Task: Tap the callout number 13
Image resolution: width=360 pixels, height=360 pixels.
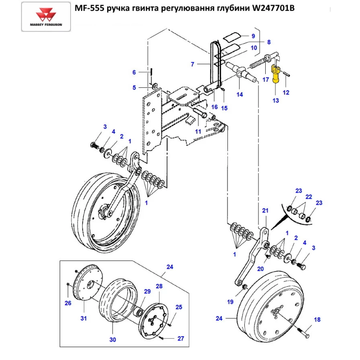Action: click(x=275, y=100)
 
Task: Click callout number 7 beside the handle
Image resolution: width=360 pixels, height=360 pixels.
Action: click(x=193, y=64)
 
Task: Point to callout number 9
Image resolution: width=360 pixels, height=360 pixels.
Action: click(x=253, y=36)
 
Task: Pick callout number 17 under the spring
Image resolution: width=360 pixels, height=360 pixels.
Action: click(x=265, y=80)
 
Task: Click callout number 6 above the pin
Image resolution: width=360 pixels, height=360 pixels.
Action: click(x=134, y=72)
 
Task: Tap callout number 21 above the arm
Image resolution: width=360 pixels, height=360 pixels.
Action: click(x=265, y=211)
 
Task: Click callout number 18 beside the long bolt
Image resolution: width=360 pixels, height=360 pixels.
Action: click(x=317, y=320)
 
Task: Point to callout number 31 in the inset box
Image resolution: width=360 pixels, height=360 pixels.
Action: click(x=84, y=318)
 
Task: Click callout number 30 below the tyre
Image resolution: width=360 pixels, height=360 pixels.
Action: click(x=112, y=339)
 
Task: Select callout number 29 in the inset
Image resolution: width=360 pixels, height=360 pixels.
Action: click(x=147, y=291)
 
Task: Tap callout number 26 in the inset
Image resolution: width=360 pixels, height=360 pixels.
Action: click(x=68, y=303)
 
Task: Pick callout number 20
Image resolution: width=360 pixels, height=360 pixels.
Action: click(x=260, y=269)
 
